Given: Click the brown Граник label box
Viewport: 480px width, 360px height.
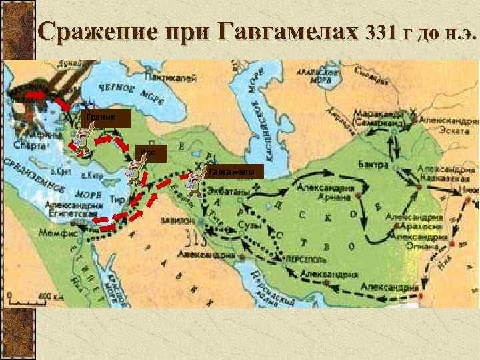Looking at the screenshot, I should pos(101,119).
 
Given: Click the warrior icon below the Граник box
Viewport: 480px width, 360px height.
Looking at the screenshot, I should pos(79,139).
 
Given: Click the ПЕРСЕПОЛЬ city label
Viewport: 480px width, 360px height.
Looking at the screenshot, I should pos(305,257).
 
